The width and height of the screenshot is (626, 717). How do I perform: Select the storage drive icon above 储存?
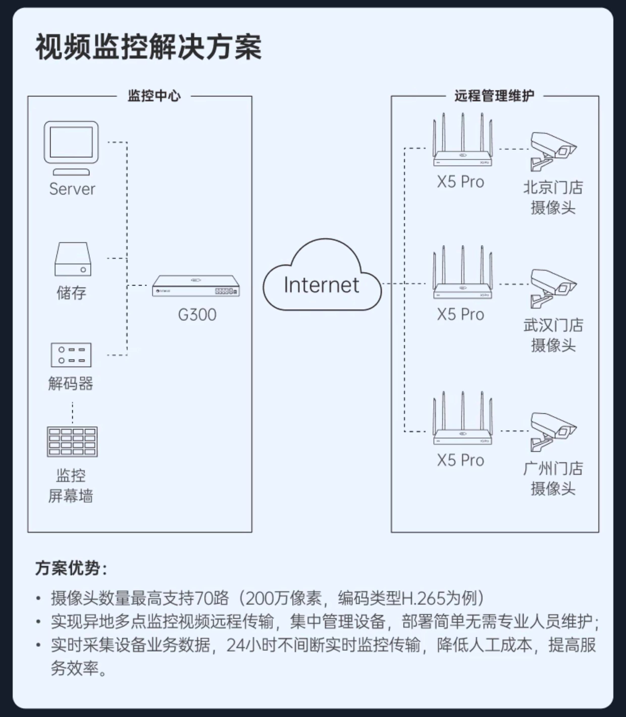[x=73, y=259]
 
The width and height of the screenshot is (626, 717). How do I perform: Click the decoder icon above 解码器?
[x=71, y=354]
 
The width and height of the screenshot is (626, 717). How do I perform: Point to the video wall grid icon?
[x=72, y=441]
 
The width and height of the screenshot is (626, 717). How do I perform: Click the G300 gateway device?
[x=196, y=286]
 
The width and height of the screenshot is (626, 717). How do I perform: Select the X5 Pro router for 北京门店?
[x=462, y=146]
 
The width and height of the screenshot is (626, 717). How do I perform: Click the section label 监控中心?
[x=154, y=96]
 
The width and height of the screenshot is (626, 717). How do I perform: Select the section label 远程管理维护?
[x=494, y=96]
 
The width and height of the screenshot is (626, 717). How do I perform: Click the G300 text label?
[x=197, y=315]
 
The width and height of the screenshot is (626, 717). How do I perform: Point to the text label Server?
[x=72, y=189]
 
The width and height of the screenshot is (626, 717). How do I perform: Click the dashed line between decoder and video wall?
[x=72, y=413]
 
